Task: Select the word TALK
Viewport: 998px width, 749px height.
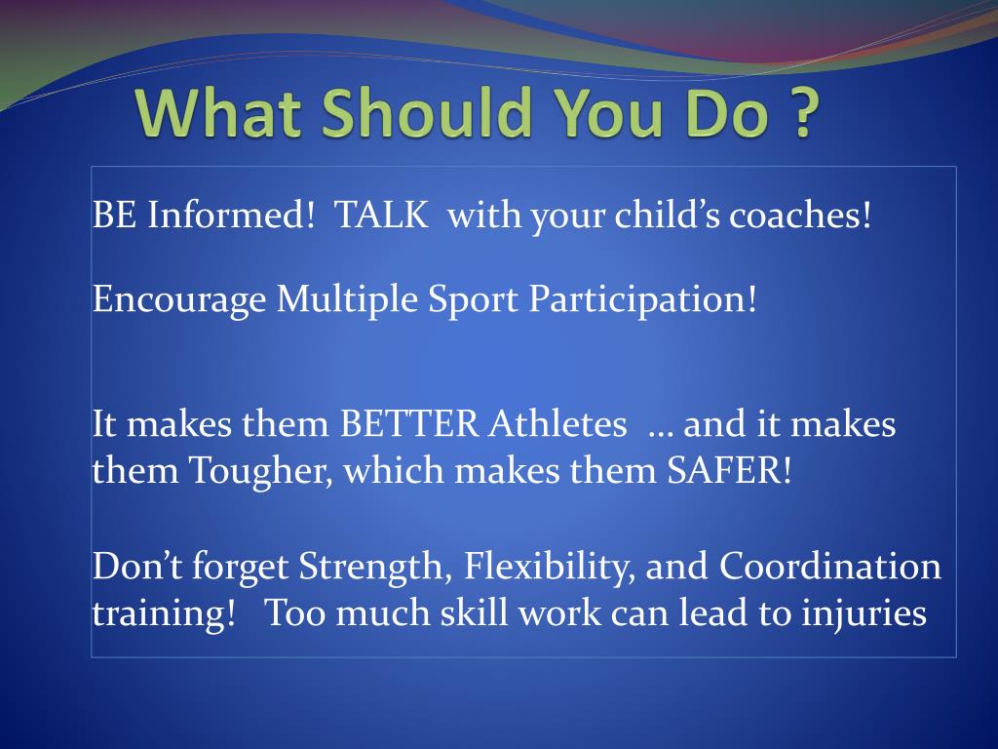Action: pos(381,215)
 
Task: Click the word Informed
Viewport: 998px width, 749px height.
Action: pos(231,215)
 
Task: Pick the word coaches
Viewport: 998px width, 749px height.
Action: pos(800,215)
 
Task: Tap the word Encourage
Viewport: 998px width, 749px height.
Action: pos(179,299)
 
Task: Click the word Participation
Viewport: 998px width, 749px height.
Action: pos(643,299)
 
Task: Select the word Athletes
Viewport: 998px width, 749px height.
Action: pos(557,424)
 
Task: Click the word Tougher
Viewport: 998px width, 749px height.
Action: pos(261,471)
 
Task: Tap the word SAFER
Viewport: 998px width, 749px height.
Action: pos(729,471)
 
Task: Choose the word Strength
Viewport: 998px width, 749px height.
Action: pos(371,567)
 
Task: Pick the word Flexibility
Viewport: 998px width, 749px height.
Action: pos(550,567)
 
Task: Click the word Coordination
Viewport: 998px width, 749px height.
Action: pos(830,566)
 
